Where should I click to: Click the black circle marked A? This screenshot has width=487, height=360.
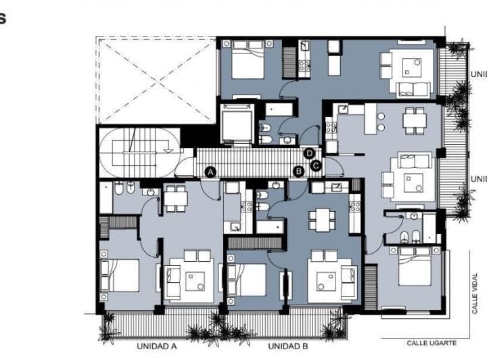(x=210, y=172)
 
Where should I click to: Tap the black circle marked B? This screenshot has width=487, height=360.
(x=298, y=172)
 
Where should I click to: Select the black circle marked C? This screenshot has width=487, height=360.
(x=315, y=163)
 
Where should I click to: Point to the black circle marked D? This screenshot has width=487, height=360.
(x=310, y=154)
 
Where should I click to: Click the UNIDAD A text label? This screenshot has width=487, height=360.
(x=156, y=346)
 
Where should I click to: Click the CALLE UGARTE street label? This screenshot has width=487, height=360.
(x=430, y=343)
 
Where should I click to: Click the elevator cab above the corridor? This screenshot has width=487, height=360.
(x=237, y=124)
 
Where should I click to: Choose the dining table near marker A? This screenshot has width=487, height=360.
(x=176, y=198)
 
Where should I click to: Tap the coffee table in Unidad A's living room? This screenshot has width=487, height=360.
(x=196, y=279)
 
